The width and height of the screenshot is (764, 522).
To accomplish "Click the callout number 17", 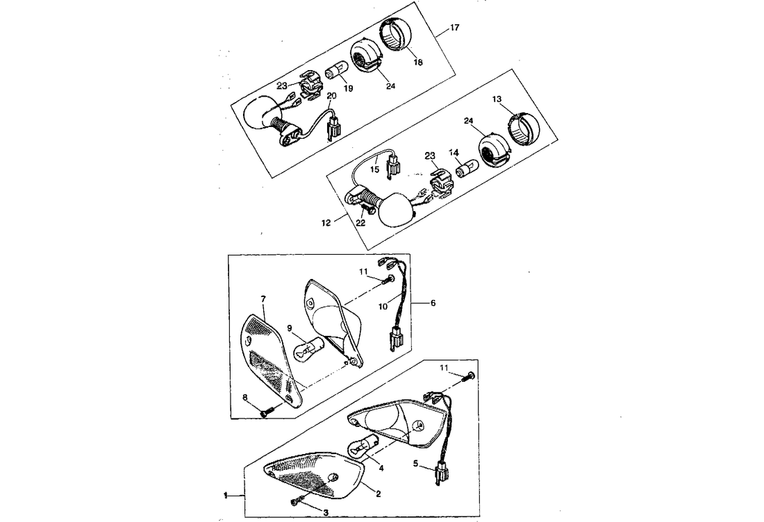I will [x=454, y=28].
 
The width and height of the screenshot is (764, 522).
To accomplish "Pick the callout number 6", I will [x=434, y=303].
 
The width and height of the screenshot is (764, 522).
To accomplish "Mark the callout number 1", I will [x=226, y=496].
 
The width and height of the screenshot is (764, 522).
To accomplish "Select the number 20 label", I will [x=331, y=95].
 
